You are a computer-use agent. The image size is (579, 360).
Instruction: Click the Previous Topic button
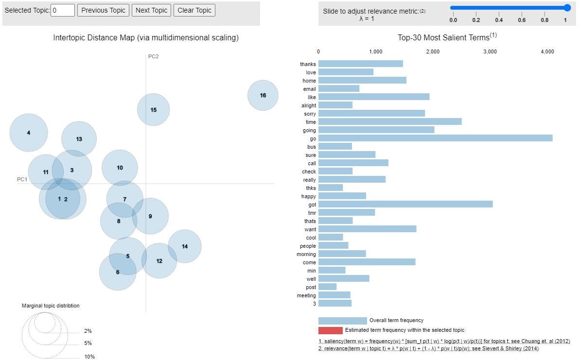tap(103, 10)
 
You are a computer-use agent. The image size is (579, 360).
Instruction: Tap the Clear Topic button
tap(194, 10)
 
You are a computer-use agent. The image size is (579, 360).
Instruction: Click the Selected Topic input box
tap(63, 10)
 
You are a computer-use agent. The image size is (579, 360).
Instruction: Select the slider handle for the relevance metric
tap(567, 8)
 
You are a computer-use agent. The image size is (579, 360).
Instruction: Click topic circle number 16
tap(263, 95)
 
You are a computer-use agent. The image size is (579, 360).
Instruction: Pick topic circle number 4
tap(29, 133)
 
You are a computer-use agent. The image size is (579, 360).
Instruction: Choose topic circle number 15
tap(154, 110)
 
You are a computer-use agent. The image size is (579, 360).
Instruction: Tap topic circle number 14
tap(185, 246)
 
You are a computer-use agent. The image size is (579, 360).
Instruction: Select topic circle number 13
tap(79, 139)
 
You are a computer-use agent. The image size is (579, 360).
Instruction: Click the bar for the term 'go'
tap(435, 138)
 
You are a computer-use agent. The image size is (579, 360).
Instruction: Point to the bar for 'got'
tap(405, 205)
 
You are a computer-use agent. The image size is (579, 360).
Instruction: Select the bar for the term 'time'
tap(390, 121)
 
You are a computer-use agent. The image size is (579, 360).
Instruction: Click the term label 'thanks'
tap(308, 64)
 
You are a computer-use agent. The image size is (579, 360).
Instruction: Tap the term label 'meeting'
tap(306, 295)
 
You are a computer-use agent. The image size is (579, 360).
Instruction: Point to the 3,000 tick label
tap(490, 51)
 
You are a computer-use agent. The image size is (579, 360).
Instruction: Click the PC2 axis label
tap(153, 56)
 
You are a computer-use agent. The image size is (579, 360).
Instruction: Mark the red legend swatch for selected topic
tap(330, 330)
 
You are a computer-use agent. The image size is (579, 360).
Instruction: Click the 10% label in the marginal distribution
tap(89, 357)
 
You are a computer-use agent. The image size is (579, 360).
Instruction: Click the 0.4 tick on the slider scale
tap(499, 20)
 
